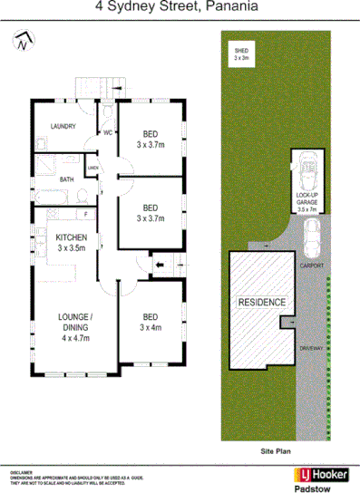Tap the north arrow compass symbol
[25, 41]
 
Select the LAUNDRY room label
[63, 126]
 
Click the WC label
[106, 132]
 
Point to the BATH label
[66, 179]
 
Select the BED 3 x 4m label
[150, 322]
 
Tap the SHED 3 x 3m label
[241, 54]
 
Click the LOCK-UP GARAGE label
[307, 202]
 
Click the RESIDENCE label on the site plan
[262, 303]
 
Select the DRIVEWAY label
[311, 348]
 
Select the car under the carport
[310, 238]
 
